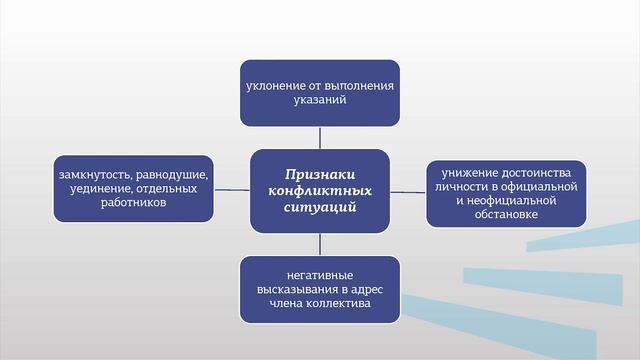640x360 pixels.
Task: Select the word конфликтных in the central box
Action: coord(320,189)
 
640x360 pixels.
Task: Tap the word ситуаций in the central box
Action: coord(320,207)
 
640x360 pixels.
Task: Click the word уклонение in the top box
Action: coord(276,85)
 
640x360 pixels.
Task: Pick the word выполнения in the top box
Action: coord(359,85)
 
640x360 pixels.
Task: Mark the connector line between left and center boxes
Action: coord(233,188)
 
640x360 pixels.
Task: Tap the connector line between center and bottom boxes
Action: coord(320,243)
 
